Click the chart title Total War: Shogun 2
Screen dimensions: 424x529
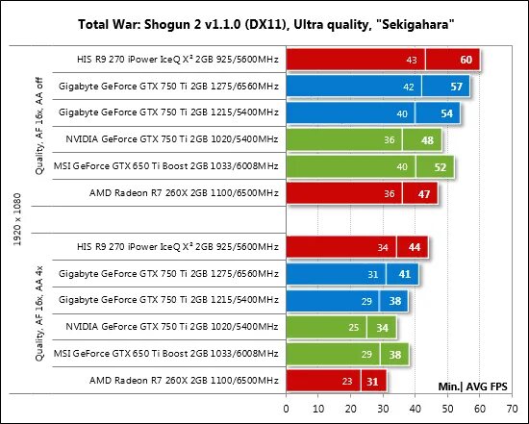tap(264, 21)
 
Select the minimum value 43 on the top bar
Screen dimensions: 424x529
tap(411, 61)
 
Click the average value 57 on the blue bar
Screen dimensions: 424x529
tap(458, 87)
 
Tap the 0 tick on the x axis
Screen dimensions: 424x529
tap(285, 407)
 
